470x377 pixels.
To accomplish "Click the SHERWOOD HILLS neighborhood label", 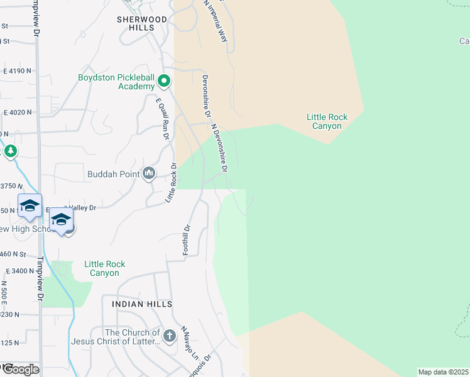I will point(142,23).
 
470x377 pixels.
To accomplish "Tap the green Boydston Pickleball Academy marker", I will point(164,81).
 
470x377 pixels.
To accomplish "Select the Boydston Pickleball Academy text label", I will point(116,82).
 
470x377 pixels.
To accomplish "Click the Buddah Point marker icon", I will point(149,173).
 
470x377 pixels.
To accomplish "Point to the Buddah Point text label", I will point(114,173).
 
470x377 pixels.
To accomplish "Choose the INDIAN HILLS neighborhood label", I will point(142,304).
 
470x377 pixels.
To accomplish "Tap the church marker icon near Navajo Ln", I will point(169,336).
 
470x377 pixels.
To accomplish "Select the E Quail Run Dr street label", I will point(163,117).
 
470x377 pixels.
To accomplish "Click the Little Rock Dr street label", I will point(171,182).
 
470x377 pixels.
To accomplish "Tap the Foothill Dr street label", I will point(186,240).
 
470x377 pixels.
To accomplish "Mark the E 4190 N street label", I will point(17,71).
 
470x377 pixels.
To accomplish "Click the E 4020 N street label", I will point(17,112).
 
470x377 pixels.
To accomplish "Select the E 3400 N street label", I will point(21,271).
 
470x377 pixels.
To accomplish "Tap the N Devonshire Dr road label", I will point(220,147).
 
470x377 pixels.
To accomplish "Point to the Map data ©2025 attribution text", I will point(444,372).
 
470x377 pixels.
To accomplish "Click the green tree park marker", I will point(11,151).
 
